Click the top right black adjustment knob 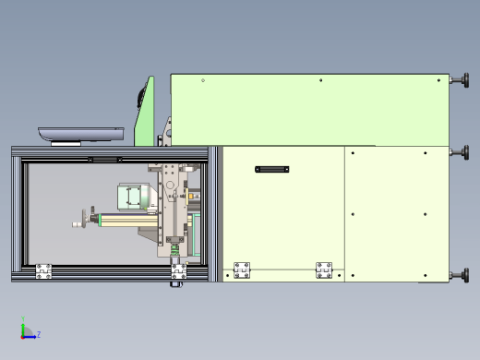tap(461, 80)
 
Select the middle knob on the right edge tap(461, 152)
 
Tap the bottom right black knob tap(461, 275)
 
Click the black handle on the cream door tap(272, 169)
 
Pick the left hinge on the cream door tap(242, 270)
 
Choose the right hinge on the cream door tap(324, 270)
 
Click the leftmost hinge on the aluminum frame tap(43, 271)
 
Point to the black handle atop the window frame tap(105, 160)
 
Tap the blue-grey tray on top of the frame tap(81, 135)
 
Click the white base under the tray tap(66, 144)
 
